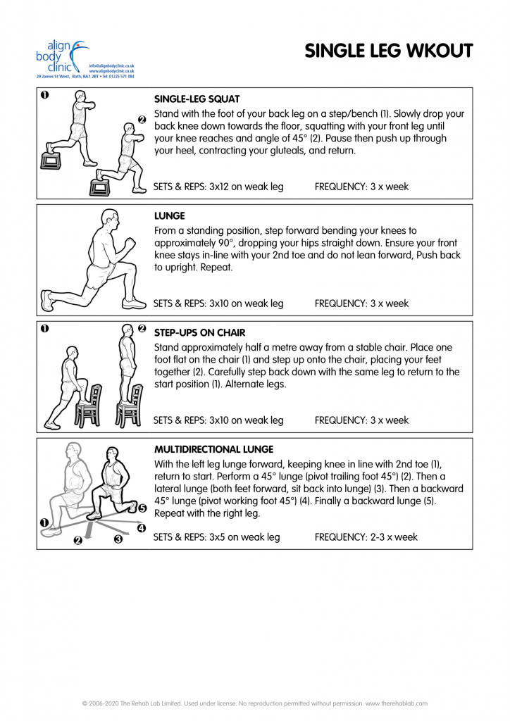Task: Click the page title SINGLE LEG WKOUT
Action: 388,51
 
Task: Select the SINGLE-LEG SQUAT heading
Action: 197,99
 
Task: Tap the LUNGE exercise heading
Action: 169,216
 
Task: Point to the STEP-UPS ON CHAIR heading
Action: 199,332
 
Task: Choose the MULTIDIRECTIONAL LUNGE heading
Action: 213,449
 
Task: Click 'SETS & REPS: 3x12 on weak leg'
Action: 218,187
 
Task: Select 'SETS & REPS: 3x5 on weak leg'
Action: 216,537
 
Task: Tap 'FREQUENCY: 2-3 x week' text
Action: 366,537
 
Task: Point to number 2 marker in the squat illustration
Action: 141,119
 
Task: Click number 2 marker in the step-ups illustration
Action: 141,329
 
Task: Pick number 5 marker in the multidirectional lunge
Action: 142,508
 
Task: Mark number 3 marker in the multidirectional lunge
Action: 118,539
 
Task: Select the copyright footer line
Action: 255,703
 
